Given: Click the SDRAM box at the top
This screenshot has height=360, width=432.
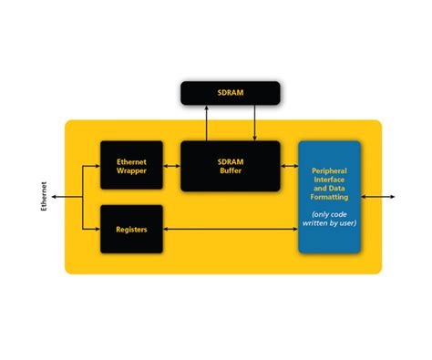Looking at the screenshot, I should tap(230, 92).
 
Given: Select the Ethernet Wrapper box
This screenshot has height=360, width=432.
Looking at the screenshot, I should tap(131, 165).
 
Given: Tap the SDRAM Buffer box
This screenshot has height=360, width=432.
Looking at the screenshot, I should tap(229, 165).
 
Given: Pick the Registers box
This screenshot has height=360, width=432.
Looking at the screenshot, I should tap(131, 229).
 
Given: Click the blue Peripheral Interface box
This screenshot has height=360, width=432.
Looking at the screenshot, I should tap(329, 197).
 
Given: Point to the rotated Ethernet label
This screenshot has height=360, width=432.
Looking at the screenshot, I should tap(45, 196).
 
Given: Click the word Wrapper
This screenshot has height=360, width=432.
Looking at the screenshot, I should tap(131, 170).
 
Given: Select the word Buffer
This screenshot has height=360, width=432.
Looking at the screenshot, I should tap(229, 170).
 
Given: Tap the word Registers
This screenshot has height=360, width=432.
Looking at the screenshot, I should tap(131, 229).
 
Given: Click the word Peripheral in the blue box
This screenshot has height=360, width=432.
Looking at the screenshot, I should tap(329, 171).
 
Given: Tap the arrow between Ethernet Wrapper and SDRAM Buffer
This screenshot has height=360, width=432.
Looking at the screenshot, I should tap(171, 165).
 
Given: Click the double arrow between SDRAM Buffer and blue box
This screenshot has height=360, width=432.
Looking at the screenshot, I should tap(289, 165).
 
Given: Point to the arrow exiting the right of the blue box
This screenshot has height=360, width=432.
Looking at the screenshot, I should tap(377, 196).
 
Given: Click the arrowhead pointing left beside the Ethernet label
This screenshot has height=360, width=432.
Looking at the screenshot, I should tap(55, 196).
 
